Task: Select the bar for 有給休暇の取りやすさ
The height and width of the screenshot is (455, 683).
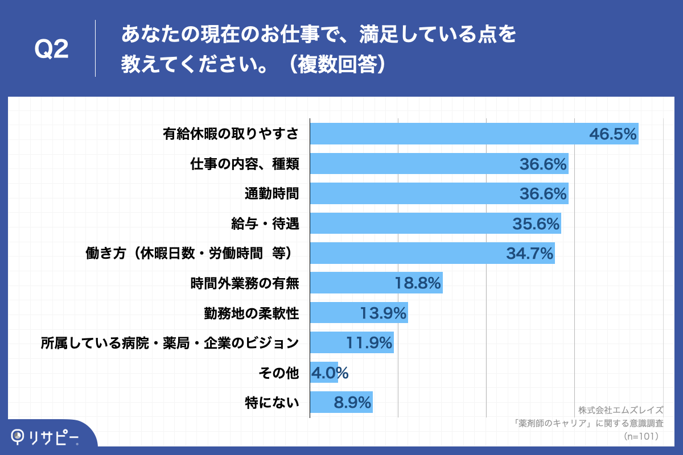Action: [444, 134]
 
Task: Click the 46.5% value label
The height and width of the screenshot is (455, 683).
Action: [612, 134]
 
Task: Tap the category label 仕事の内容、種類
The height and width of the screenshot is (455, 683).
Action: [245, 164]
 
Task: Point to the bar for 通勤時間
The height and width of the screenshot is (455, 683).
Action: [410, 194]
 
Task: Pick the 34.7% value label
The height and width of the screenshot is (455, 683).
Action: [530, 254]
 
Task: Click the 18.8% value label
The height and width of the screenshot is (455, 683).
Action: [418, 283]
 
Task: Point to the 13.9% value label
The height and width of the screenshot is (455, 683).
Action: [383, 313]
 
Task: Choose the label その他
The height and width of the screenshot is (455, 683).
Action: [278, 373]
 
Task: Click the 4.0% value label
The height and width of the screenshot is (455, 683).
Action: [330, 373]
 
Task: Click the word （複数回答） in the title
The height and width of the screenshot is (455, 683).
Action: [338, 64]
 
